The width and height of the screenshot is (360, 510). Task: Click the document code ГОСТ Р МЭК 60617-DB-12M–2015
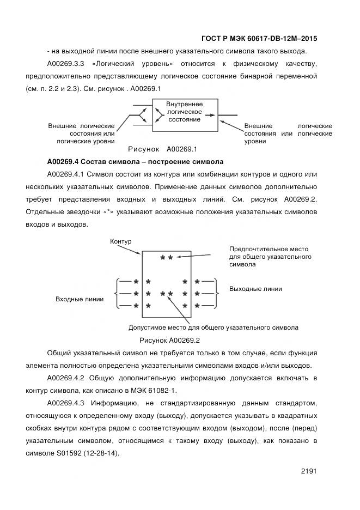(x=259, y=39)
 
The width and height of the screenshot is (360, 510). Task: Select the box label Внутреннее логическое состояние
(x=184, y=111)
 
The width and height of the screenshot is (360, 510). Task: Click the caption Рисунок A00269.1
(x=162, y=149)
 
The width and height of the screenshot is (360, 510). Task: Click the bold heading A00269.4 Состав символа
(x=135, y=161)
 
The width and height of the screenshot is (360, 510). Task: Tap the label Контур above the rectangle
(x=120, y=241)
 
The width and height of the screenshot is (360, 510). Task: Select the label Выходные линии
(x=255, y=289)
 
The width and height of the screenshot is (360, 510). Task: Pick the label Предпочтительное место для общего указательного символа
(x=270, y=256)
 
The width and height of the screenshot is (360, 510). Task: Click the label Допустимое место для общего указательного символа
(x=213, y=328)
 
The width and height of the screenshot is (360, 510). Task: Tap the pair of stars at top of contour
(x=167, y=257)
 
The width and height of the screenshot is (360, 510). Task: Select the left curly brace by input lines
(x=116, y=293)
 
